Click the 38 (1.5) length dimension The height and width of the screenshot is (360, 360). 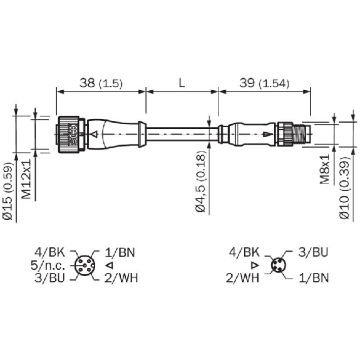point(101,83)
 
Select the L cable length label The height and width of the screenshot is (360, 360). point(182,83)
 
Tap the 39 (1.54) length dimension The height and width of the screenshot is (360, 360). point(264,83)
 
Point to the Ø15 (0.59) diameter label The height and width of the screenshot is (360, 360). point(8,191)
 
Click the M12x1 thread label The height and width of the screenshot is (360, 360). point(26,179)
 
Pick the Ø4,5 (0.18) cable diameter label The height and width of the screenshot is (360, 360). point(201,182)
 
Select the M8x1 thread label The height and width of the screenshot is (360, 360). point(325,169)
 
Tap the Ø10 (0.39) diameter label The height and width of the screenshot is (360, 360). point(344,188)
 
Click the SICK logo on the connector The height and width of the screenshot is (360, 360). point(73,135)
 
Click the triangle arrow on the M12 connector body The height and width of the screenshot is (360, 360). point(95,134)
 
